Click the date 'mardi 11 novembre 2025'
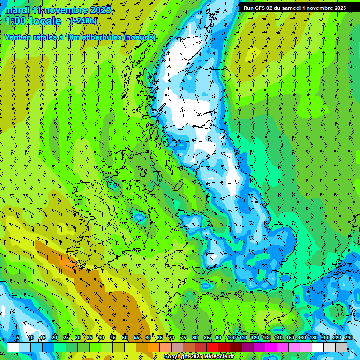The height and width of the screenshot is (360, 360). pos(58,10)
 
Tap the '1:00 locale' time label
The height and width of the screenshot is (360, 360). pos(33,21)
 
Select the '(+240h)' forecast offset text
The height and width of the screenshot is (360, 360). pos(83,21)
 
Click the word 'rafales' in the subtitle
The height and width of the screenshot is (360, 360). pos(51,37)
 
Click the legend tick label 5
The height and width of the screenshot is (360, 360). pos(18,338)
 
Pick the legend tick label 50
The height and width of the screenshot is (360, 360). pos(125,338)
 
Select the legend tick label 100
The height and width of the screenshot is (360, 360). pos(231,338)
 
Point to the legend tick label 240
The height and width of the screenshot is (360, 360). pos(348,338)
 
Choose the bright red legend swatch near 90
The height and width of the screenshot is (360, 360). pos(212,347)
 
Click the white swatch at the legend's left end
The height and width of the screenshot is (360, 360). pos(13,347)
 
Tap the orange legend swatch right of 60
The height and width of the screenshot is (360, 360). pos(154,347)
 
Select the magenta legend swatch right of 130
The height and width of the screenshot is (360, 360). pos(271,347)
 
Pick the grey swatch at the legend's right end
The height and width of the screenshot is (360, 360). pos(341,347)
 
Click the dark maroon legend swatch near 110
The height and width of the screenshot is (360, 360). pos(236,347)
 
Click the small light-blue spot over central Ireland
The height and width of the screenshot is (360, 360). pos(139,217)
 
